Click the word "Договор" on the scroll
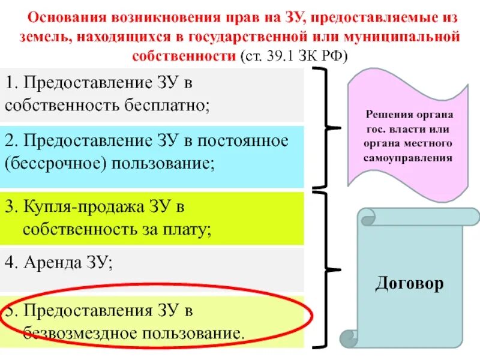click(410, 283)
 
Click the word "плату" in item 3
click(191, 229)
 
